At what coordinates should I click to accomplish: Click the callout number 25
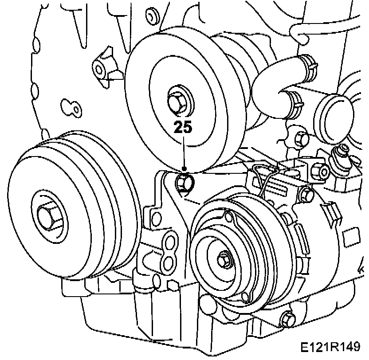coord(183,128)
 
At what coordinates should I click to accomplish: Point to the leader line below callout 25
coord(183,153)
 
